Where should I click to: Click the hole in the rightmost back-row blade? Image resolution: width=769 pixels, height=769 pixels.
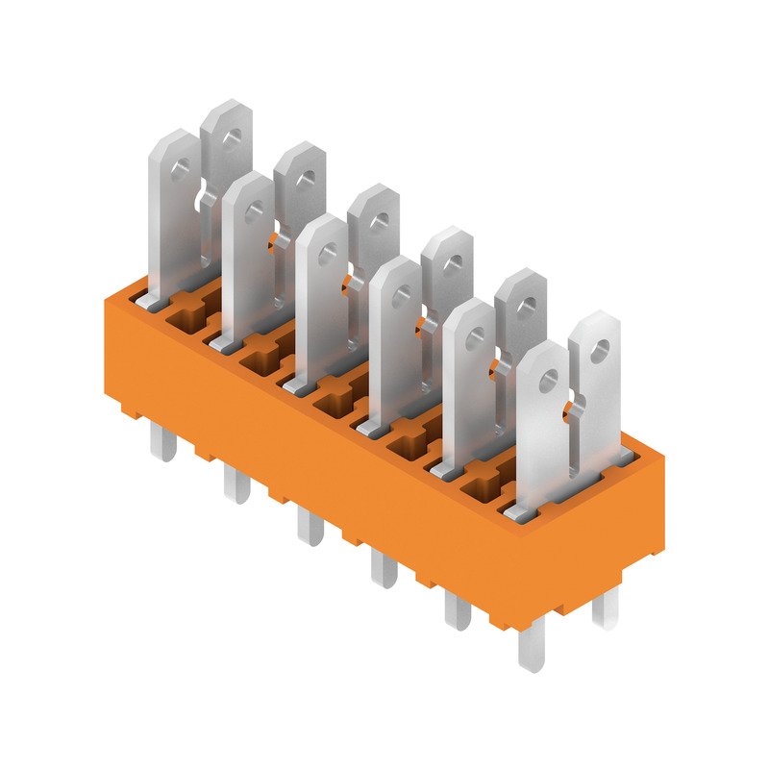[598, 352]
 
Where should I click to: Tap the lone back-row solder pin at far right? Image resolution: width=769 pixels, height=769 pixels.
[605, 606]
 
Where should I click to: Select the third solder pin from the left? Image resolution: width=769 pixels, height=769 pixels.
[310, 527]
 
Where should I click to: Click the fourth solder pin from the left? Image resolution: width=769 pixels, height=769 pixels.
[384, 568]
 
